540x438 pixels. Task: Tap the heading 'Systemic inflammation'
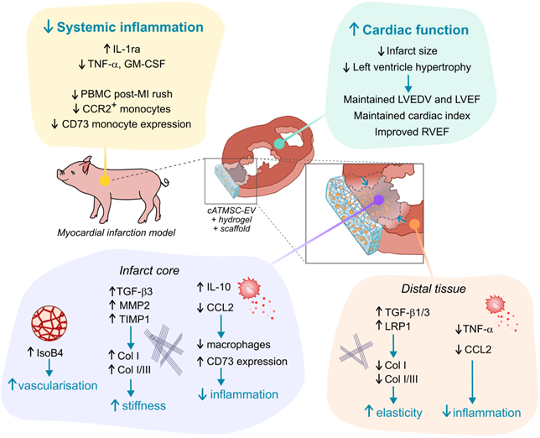tap(122, 28)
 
